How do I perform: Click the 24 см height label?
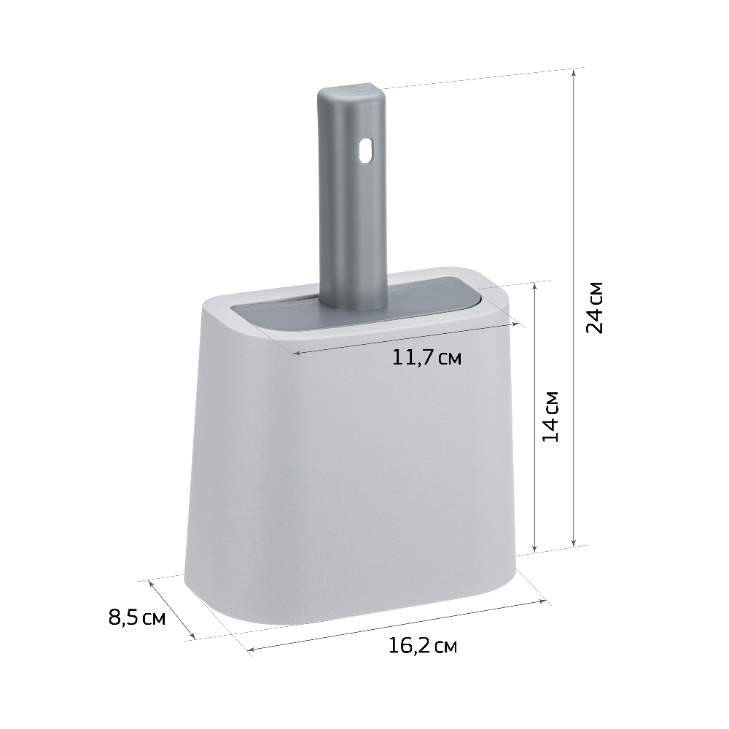[x=595, y=308]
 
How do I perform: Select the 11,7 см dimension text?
[x=426, y=357]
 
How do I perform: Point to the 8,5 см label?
[x=137, y=618]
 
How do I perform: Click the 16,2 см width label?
[x=423, y=646]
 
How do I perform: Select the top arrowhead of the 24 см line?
[x=574, y=72]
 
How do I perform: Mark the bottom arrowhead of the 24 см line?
[x=574, y=542]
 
